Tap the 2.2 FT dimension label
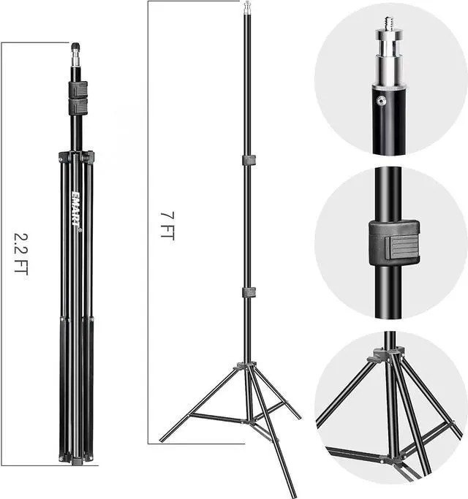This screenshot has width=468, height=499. pyautogui.click(x=21, y=254)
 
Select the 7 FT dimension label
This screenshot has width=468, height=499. pyautogui.click(x=167, y=225)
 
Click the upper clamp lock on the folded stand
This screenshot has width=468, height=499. pyautogui.click(x=78, y=89)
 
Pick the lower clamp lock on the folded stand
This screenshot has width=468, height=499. pyautogui.click(x=78, y=107)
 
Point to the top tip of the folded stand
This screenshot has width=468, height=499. pyautogui.click(x=75, y=46)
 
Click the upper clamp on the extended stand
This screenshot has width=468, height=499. pyautogui.click(x=249, y=160)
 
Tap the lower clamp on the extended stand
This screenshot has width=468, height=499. pyautogui.click(x=249, y=292)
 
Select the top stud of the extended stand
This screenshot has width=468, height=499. pyautogui.click(x=247, y=7)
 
